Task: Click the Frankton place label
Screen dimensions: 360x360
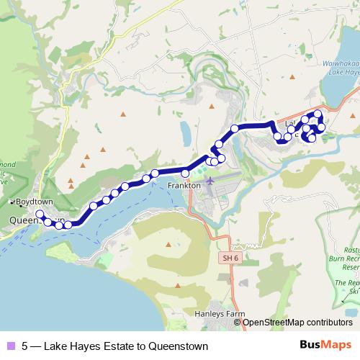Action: (x=184, y=185)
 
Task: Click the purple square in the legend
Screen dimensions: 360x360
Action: (x=9, y=346)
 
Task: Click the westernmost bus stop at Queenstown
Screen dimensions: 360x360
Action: (x=40, y=215)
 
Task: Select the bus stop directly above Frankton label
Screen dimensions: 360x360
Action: (x=185, y=173)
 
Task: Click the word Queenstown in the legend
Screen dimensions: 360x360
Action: (x=179, y=346)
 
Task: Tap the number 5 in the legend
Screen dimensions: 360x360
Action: (x=24, y=346)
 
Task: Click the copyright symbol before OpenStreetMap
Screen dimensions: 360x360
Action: (x=240, y=323)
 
